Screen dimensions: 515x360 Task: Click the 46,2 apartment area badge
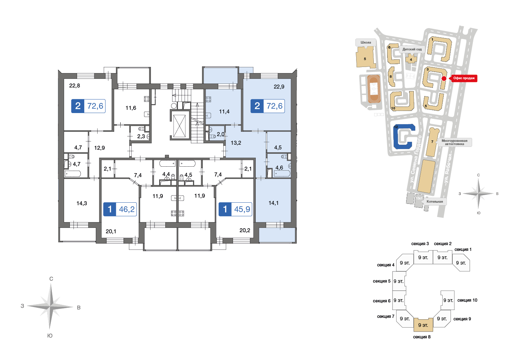pyautogui.click(x=120, y=209)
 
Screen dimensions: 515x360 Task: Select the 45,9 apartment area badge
pyautogui.click(x=235, y=209)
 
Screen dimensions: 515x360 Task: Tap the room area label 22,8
pyautogui.click(x=75, y=86)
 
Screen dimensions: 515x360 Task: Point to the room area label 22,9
pyautogui.click(x=279, y=87)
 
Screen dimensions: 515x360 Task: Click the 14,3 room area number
pyautogui.click(x=82, y=203)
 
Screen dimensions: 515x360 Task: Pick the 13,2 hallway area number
pyautogui.click(x=236, y=143)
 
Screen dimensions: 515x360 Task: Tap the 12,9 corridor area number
pyautogui.click(x=99, y=148)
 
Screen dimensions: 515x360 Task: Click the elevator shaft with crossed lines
pyautogui.click(x=179, y=126)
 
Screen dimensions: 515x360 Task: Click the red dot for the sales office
pyautogui.click(x=444, y=78)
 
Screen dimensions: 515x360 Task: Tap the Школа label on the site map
pyautogui.click(x=366, y=42)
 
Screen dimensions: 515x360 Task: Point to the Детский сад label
pyautogui.click(x=412, y=49)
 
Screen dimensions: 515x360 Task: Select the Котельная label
pyautogui.click(x=435, y=202)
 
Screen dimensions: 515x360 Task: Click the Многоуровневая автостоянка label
pyautogui.click(x=454, y=142)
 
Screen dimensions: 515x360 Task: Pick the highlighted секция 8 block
pyautogui.click(x=423, y=325)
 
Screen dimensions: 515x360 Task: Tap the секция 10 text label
pyautogui.click(x=467, y=300)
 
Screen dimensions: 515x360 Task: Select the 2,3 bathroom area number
pyautogui.click(x=141, y=136)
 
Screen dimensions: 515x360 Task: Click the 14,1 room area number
pyautogui.click(x=273, y=203)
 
